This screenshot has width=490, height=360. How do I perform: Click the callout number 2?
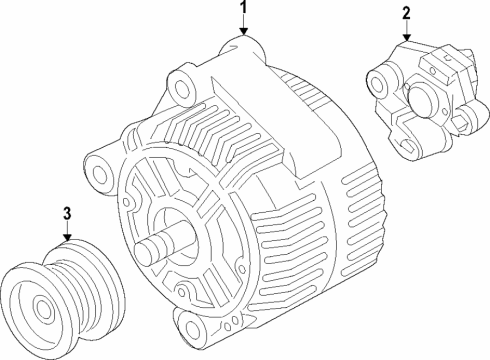click(406, 14)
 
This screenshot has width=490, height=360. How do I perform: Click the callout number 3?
click(67, 213)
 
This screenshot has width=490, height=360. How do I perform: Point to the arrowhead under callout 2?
click(407, 41)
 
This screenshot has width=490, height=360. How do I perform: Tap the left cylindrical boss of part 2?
click(380, 79)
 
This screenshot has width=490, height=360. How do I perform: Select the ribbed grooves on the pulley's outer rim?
click(95, 285)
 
